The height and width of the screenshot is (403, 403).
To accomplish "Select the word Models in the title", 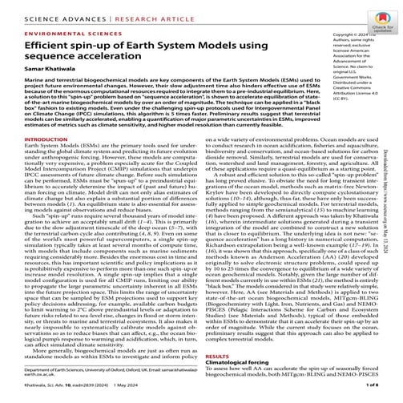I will tap(221, 49).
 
